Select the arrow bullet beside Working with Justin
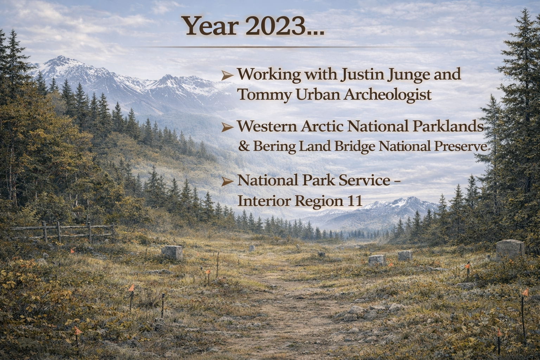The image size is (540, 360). [227, 76]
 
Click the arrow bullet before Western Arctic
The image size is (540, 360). [227, 127]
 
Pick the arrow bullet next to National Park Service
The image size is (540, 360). [227, 181]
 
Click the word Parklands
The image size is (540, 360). [448, 126]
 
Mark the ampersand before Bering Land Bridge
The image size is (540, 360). [244, 146]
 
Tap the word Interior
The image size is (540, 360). [264, 200]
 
